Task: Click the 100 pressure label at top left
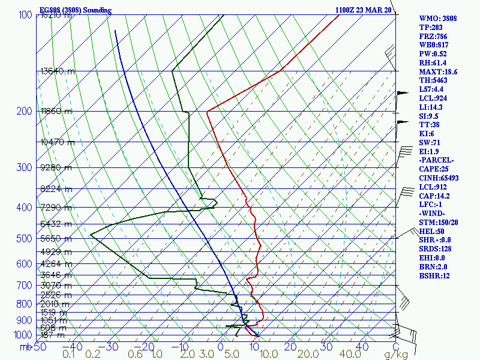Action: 25,14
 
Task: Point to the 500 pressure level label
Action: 24,239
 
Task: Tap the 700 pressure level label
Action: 24,285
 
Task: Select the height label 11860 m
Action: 56,111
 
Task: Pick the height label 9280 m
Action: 56,167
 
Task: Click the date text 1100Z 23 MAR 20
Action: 364,10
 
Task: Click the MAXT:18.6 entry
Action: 438,72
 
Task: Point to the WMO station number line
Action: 438,19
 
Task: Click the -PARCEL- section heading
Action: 437,161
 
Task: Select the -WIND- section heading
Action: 434,214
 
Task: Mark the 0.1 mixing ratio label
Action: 70,355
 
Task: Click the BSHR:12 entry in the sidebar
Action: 435,276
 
